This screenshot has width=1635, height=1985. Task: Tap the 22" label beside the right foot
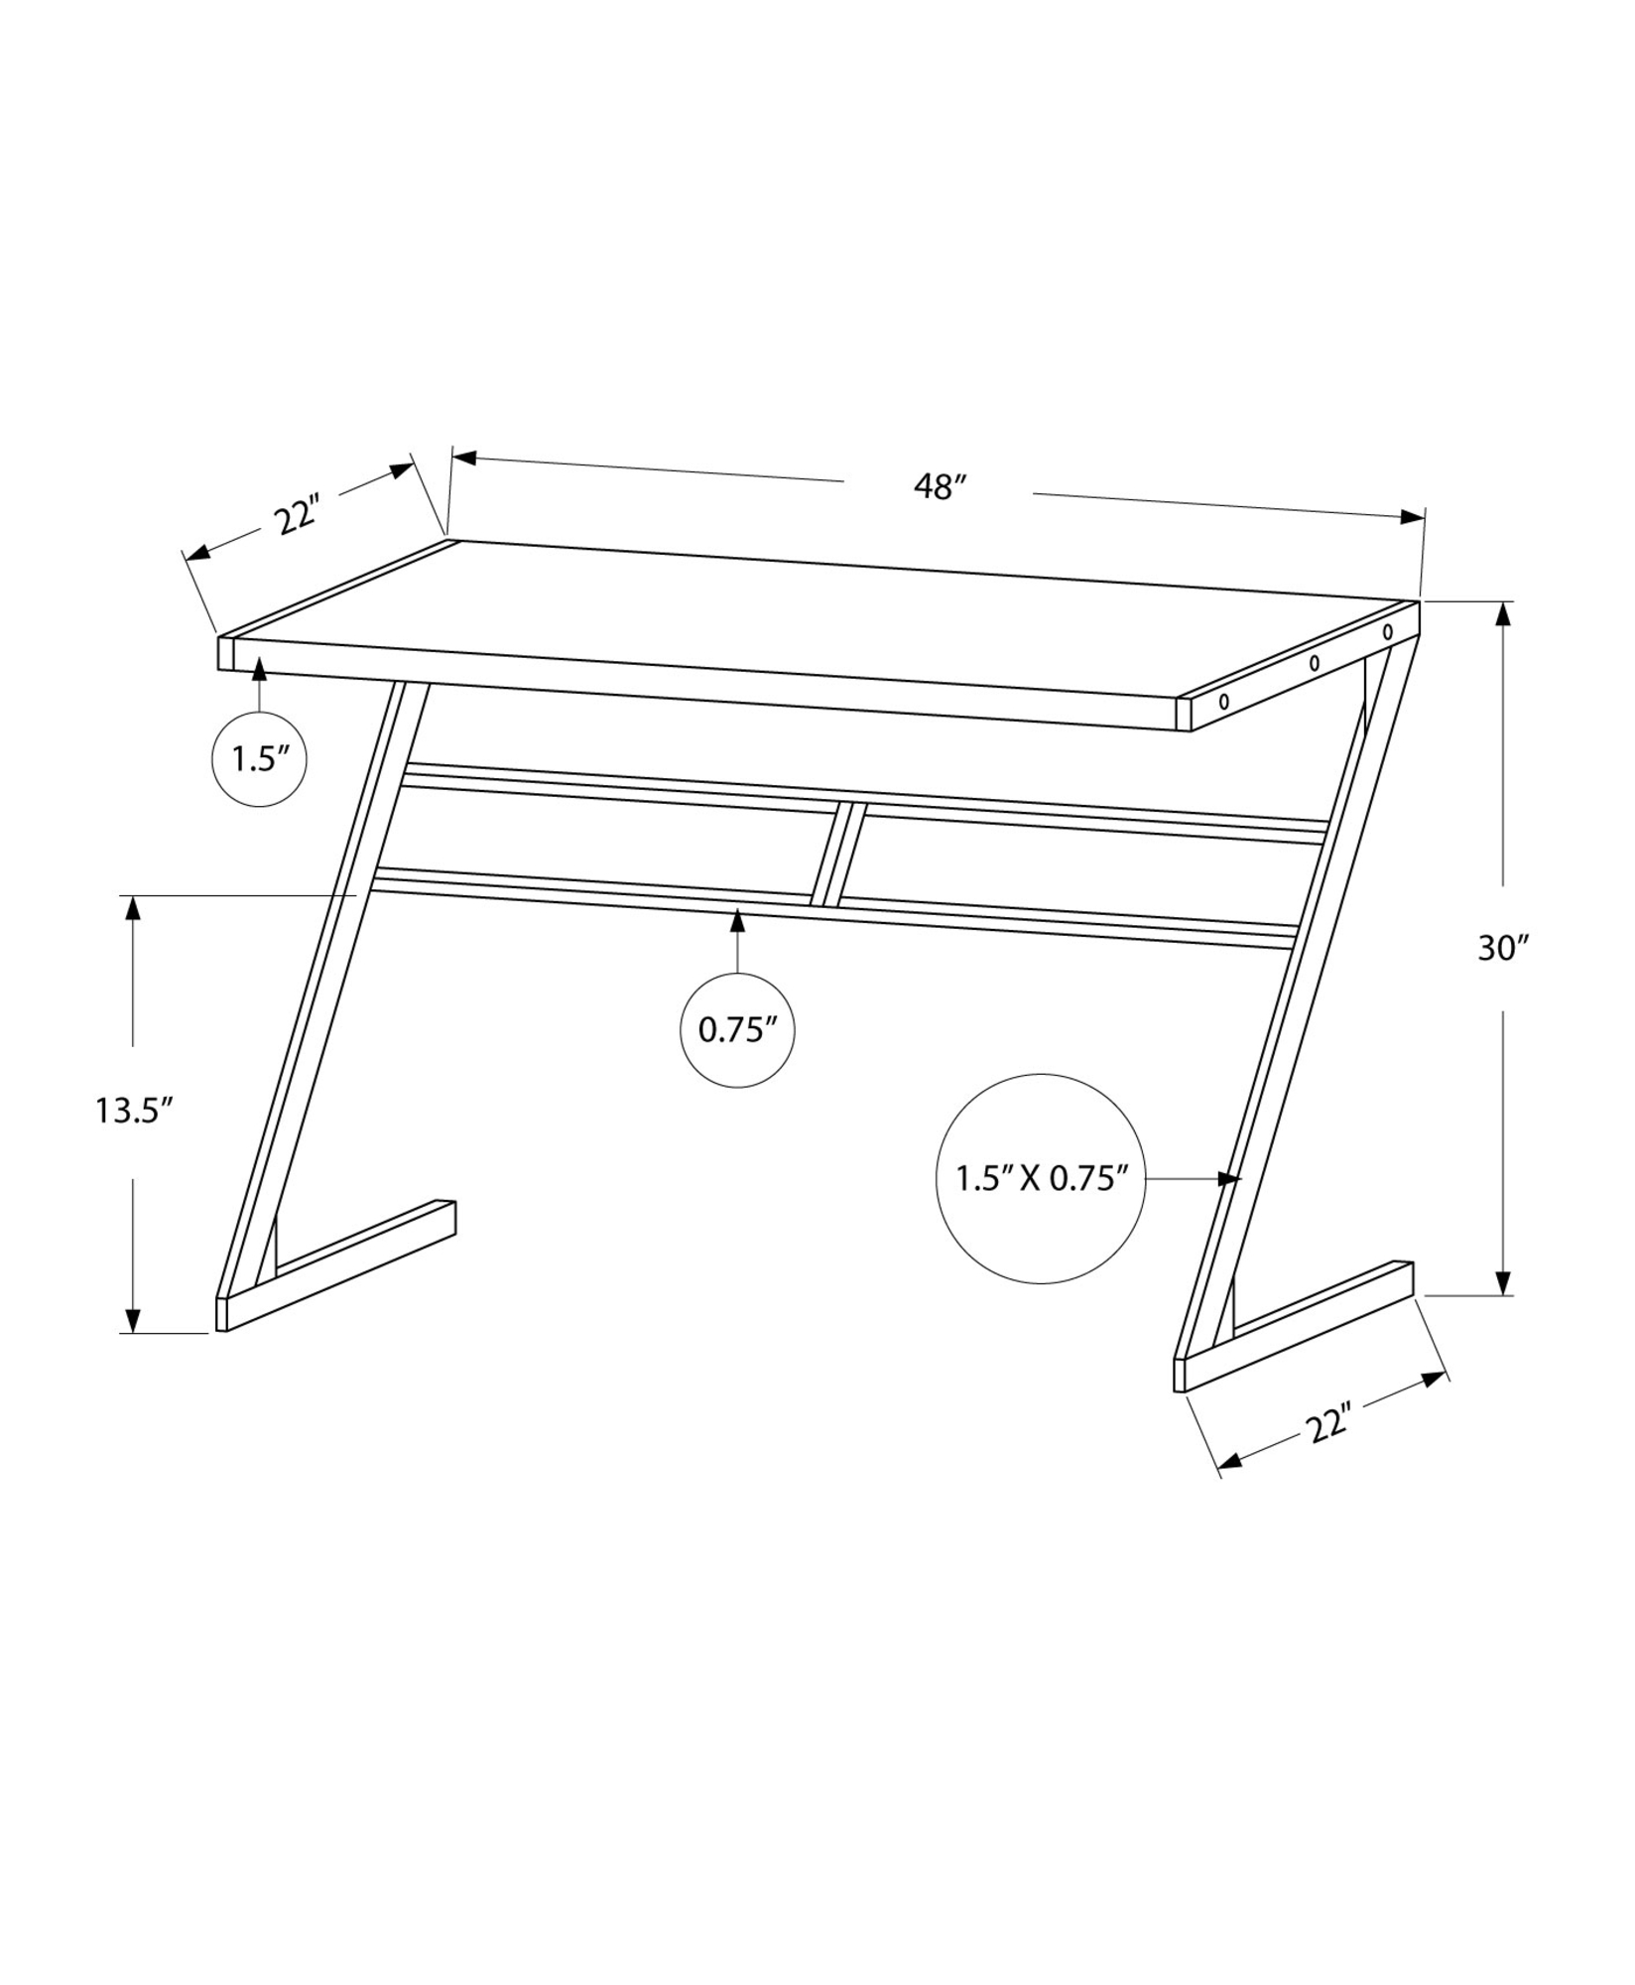1328,1427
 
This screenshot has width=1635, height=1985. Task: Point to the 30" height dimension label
1504,948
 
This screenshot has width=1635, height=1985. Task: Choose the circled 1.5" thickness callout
259,759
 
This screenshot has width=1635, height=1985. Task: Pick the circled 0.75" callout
737,1029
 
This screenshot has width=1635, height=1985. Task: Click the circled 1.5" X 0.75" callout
1041,1178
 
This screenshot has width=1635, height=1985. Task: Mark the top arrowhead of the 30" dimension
1504,614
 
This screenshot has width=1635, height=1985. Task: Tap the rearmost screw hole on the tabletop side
1387,631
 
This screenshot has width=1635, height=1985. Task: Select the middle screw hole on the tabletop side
1315,662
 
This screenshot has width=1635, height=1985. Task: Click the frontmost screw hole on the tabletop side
1224,701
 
